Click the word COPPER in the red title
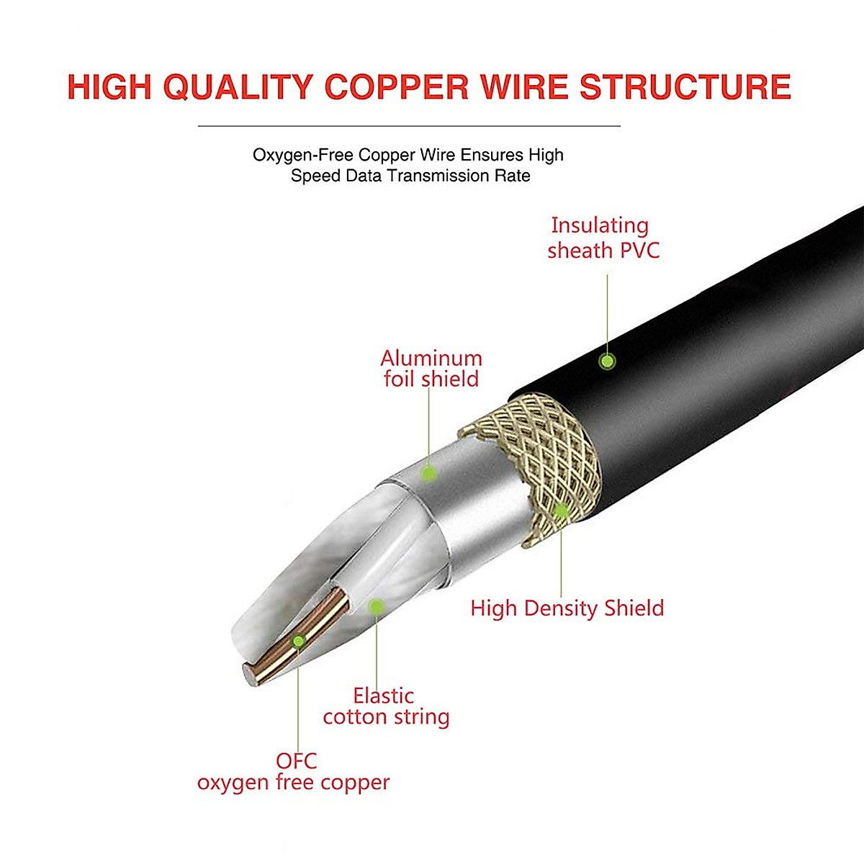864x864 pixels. [397, 87]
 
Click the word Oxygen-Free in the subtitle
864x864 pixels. [303, 156]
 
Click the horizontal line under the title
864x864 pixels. [409, 126]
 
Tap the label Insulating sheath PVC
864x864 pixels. [603, 238]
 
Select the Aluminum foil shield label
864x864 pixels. [431, 369]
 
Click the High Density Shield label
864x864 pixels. [567, 608]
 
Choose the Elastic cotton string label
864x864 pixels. [386, 706]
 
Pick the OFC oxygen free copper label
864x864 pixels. [294, 772]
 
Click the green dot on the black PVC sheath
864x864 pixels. [608, 361]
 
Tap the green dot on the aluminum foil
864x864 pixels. [429, 474]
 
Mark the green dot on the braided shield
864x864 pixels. [561, 511]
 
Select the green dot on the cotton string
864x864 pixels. [376, 606]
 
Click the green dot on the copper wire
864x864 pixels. [298, 640]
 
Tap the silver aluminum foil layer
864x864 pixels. [468, 504]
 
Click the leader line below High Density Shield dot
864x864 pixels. [562, 562]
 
